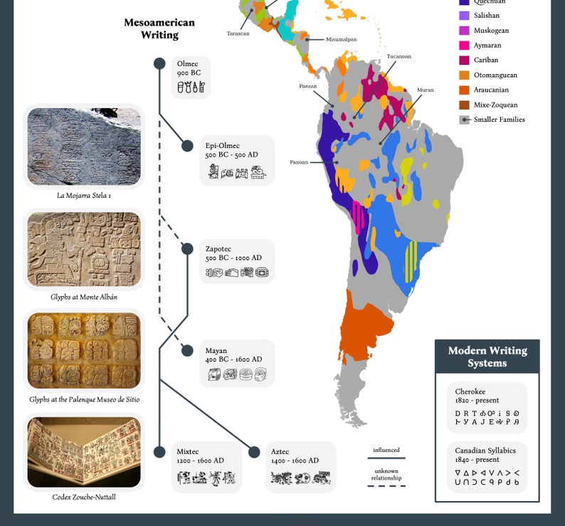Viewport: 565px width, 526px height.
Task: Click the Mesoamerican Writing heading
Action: [x=159, y=28]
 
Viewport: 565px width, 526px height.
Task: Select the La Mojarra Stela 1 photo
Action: [x=84, y=147]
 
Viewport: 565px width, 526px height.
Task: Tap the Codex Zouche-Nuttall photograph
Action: [x=84, y=452]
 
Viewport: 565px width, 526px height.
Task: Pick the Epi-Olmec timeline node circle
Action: [x=187, y=146]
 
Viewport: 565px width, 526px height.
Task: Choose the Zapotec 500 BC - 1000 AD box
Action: [x=237, y=261]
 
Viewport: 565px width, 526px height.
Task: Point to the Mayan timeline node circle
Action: [x=188, y=350]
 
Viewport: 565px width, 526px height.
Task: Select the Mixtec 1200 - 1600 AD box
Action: [x=206, y=467]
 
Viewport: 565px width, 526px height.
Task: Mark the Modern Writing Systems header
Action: [x=487, y=357]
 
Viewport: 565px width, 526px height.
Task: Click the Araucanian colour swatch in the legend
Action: [x=464, y=90]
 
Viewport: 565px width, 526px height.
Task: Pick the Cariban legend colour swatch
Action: [x=464, y=61]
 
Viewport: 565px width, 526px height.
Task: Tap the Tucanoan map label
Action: [x=398, y=56]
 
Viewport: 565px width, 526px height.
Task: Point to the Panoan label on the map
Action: [x=299, y=162]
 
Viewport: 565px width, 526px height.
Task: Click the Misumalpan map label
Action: [x=342, y=40]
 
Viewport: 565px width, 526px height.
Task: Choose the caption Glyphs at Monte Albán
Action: [x=84, y=297]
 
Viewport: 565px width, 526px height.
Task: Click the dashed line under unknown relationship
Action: [x=386, y=485]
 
